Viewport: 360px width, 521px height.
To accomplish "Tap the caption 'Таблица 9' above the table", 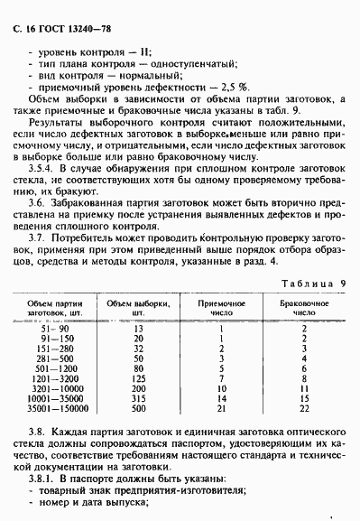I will point(312,283).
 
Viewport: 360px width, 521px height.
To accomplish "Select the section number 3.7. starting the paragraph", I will point(38,234).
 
